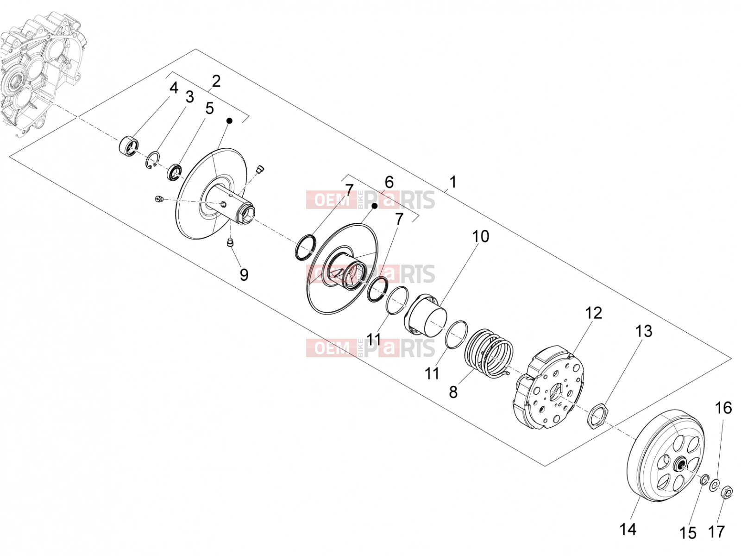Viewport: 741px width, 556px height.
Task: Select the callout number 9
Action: (244, 275)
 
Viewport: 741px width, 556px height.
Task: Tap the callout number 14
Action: (628, 529)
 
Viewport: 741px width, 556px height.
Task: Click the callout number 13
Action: (644, 331)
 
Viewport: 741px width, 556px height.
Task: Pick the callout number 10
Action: (481, 237)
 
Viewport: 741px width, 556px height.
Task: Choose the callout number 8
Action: (453, 392)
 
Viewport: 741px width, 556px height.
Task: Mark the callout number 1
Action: (453, 182)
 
